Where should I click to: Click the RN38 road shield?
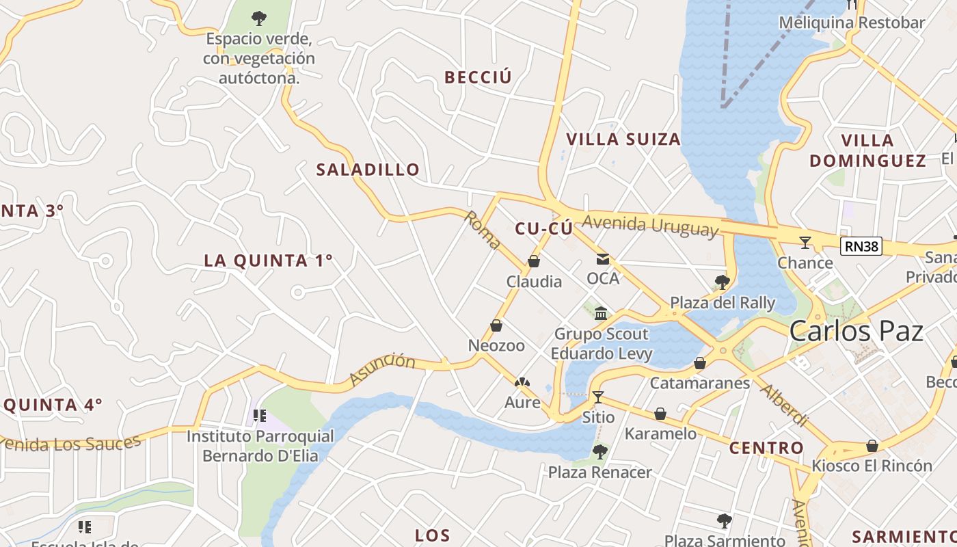pyautogui.click(x=861, y=246)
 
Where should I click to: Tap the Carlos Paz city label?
pyautogui.click(x=856, y=331)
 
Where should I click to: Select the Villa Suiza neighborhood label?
pyautogui.click(x=623, y=139)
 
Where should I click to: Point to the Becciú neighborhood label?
pyautogui.click(x=478, y=77)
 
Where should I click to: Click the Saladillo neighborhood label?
pyautogui.click(x=368, y=170)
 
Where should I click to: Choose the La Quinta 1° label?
pyautogui.click(x=268, y=261)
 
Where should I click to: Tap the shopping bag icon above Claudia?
pyautogui.click(x=534, y=261)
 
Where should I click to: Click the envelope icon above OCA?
pyautogui.click(x=603, y=259)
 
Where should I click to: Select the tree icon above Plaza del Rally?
pyautogui.click(x=722, y=282)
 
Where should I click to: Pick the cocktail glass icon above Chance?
pyautogui.click(x=805, y=242)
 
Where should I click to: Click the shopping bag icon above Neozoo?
pyautogui.click(x=496, y=325)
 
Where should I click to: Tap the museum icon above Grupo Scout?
pyautogui.click(x=601, y=313)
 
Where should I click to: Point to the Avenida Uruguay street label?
pyautogui.click(x=651, y=225)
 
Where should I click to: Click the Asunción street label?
pyautogui.click(x=381, y=369)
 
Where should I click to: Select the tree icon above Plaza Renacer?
pyautogui.click(x=600, y=451)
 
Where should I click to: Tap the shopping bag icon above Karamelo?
pyautogui.click(x=660, y=414)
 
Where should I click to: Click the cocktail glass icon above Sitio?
pyautogui.click(x=598, y=397)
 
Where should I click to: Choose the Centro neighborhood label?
pyautogui.click(x=766, y=449)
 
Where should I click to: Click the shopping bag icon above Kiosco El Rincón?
pyautogui.click(x=872, y=446)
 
